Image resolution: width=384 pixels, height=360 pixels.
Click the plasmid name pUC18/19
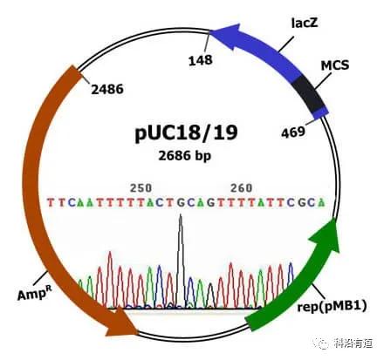pyautogui.click(x=186, y=132)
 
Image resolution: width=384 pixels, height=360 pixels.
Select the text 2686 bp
pyautogui.click(x=184, y=156)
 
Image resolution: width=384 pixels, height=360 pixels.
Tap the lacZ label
pyautogui.click(x=305, y=23)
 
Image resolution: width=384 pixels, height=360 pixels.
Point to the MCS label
pyautogui.click(x=335, y=65)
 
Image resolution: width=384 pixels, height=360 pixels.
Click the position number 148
pyautogui.click(x=201, y=60)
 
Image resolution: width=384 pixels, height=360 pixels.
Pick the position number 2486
pyautogui.click(x=107, y=89)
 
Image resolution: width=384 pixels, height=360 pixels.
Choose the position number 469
pyautogui.click(x=293, y=132)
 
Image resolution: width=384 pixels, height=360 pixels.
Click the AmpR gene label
pyautogui.click(x=34, y=294)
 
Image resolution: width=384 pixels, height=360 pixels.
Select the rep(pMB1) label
pyautogui.click(x=332, y=306)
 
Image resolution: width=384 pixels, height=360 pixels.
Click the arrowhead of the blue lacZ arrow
pyautogui.click(x=224, y=37)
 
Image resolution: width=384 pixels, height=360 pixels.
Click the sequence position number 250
pyautogui.click(x=141, y=188)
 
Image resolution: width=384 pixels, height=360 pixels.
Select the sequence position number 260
pyautogui.click(x=241, y=188)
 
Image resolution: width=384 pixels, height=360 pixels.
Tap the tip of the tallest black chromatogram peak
pyautogui.click(x=181, y=215)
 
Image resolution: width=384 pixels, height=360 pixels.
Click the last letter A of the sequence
pyautogui.click(x=321, y=202)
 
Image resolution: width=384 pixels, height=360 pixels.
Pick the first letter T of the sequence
pyautogui.click(x=51, y=202)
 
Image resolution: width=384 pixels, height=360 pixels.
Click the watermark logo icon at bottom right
pyautogui.click(x=322, y=343)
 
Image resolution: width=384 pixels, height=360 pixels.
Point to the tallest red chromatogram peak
pyautogui.click(x=110, y=252)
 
